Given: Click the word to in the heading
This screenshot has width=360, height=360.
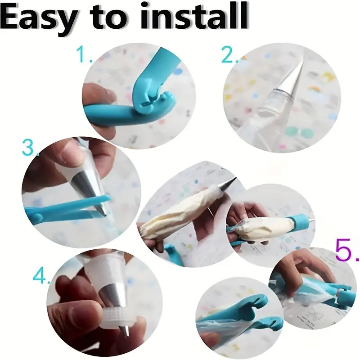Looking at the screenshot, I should [x=106, y=19].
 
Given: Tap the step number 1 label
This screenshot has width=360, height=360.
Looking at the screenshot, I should [x=84, y=55].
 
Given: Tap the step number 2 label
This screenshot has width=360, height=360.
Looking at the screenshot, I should [x=229, y=55].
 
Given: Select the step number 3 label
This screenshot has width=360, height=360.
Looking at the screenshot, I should [x=30, y=148].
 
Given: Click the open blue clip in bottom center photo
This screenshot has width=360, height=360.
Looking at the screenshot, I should [x=252, y=310].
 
